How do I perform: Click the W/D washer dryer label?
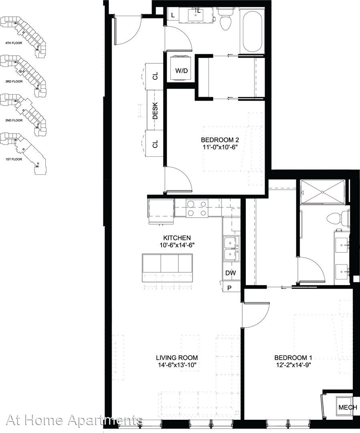point(181,71)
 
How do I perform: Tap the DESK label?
point(155,111)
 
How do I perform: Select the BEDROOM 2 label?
point(220,140)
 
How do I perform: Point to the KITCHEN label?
point(177,238)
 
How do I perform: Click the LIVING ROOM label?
point(177,358)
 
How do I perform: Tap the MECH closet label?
point(348,407)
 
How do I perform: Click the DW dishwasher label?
point(231,273)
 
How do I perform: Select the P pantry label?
point(229,288)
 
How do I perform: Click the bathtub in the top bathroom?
point(252,30)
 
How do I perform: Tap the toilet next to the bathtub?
point(226,19)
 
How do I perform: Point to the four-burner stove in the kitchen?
point(196,208)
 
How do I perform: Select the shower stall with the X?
point(322,192)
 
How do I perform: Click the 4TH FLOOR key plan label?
point(14,43)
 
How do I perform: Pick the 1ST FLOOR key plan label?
point(14,159)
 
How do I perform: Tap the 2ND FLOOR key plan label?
point(14,120)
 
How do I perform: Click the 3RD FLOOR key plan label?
point(14,81)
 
